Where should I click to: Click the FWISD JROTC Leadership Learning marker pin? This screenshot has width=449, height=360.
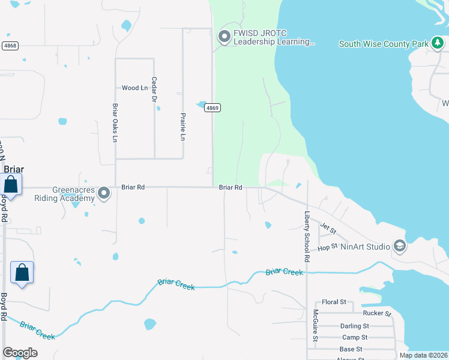click(x=224, y=37)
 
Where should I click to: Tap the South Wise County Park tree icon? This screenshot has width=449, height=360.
click(x=438, y=43)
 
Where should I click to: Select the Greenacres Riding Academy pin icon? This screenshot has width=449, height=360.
click(x=104, y=193)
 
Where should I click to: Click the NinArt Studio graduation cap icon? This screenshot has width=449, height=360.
click(x=399, y=245)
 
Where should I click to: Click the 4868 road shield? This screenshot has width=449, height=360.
click(x=10, y=46)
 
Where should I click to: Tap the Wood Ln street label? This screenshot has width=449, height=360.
click(x=134, y=88)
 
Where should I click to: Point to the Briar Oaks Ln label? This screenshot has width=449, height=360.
click(x=115, y=122)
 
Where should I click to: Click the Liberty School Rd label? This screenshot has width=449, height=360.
click(x=307, y=236)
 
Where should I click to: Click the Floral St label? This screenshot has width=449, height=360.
click(x=334, y=302)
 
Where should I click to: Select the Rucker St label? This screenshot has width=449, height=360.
click(x=377, y=313)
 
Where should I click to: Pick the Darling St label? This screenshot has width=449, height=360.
click(x=354, y=326)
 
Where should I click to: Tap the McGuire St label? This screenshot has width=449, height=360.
click(x=315, y=325)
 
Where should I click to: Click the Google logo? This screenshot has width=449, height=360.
click(x=20, y=353)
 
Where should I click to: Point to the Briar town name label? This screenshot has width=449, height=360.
click(x=14, y=169)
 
